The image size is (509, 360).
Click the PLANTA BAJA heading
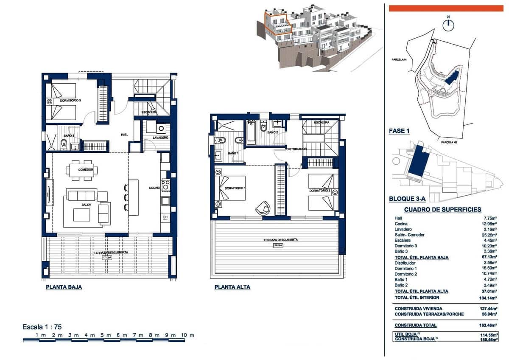[64, 287]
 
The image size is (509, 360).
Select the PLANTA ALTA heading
[232, 287]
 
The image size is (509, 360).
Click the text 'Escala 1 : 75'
[42, 327]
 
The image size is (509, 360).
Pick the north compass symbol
[448, 25]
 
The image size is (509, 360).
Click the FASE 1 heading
[399, 131]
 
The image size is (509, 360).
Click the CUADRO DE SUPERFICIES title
[442, 209]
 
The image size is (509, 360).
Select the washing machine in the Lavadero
[161, 128]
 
